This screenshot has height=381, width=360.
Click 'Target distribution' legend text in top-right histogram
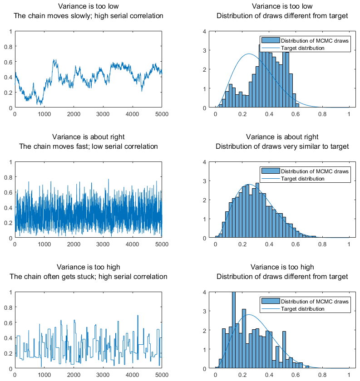pyautogui.click(x=303, y=48)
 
